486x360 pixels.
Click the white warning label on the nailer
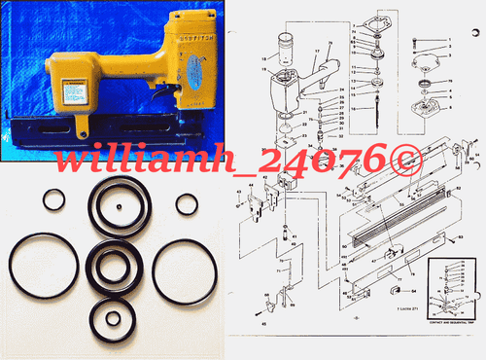(x=74, y=90)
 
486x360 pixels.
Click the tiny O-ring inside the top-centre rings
(x=118, y=206)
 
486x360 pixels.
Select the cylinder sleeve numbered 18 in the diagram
(x=285, y=46)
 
